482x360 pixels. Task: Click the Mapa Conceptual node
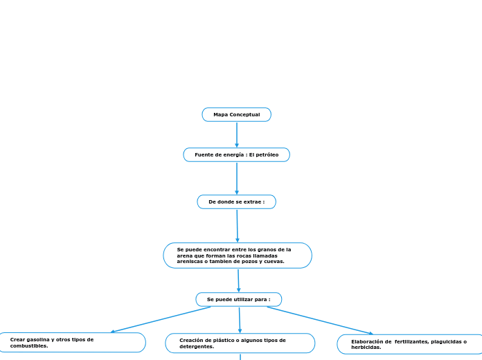click(x=236, y=114)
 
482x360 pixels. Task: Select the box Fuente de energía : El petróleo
click(x=236, y=154)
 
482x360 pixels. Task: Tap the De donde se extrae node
click(x=236, y=201)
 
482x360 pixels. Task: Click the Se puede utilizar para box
click(x=238, y=299)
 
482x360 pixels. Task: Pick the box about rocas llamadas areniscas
click(x=237, y=255)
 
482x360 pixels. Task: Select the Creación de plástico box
click(x=240, y=343)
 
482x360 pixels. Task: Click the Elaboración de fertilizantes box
click(x=409, y=344)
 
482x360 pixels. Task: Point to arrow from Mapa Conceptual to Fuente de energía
click(x=236, y=134)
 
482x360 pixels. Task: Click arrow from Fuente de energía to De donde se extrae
click(x=236, y=178)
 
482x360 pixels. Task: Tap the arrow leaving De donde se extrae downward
click(x=237, y=226)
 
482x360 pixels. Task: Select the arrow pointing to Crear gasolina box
click(x=160, y=320)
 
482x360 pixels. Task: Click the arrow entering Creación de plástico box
click(x=240, y=320)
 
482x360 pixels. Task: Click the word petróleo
click(x=267, y=154)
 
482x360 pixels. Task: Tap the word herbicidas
click(x=366, y=348)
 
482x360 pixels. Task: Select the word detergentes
click(x=197, y=346)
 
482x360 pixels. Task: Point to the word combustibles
click(x=28, y=345)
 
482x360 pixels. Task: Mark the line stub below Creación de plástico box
click(x=240, y=357)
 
